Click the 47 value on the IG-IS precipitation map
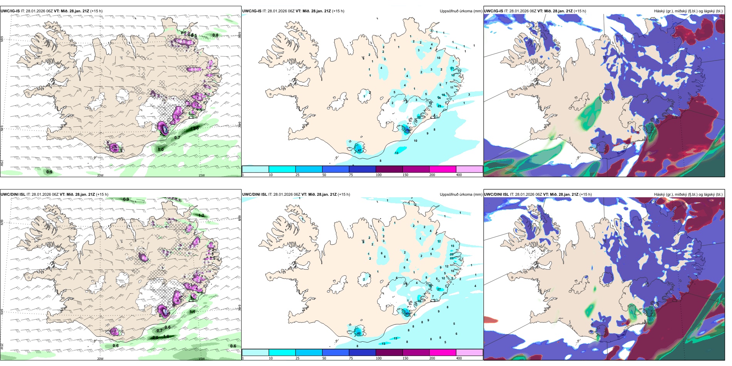point(359,150)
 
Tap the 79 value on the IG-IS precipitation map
point(408,131)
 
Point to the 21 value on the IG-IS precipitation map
point(452,68)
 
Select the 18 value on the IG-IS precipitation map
point(443,95)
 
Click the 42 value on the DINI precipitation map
point(359,333)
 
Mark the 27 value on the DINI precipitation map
point(439,289)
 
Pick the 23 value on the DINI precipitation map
point(452,258)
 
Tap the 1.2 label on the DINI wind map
point(201,215)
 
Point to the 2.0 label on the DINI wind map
point(155,337)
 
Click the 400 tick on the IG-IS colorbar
point(459,175)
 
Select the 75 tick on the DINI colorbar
point(351,358)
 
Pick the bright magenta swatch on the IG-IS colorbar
point(443,169)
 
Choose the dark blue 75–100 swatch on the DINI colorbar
point(362,353)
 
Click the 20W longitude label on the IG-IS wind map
point(100,175)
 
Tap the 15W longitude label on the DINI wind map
point(201,359)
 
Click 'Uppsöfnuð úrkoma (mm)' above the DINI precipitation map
point(461,195)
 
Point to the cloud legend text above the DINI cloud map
point(688,195)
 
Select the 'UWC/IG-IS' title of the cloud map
point(494,11)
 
